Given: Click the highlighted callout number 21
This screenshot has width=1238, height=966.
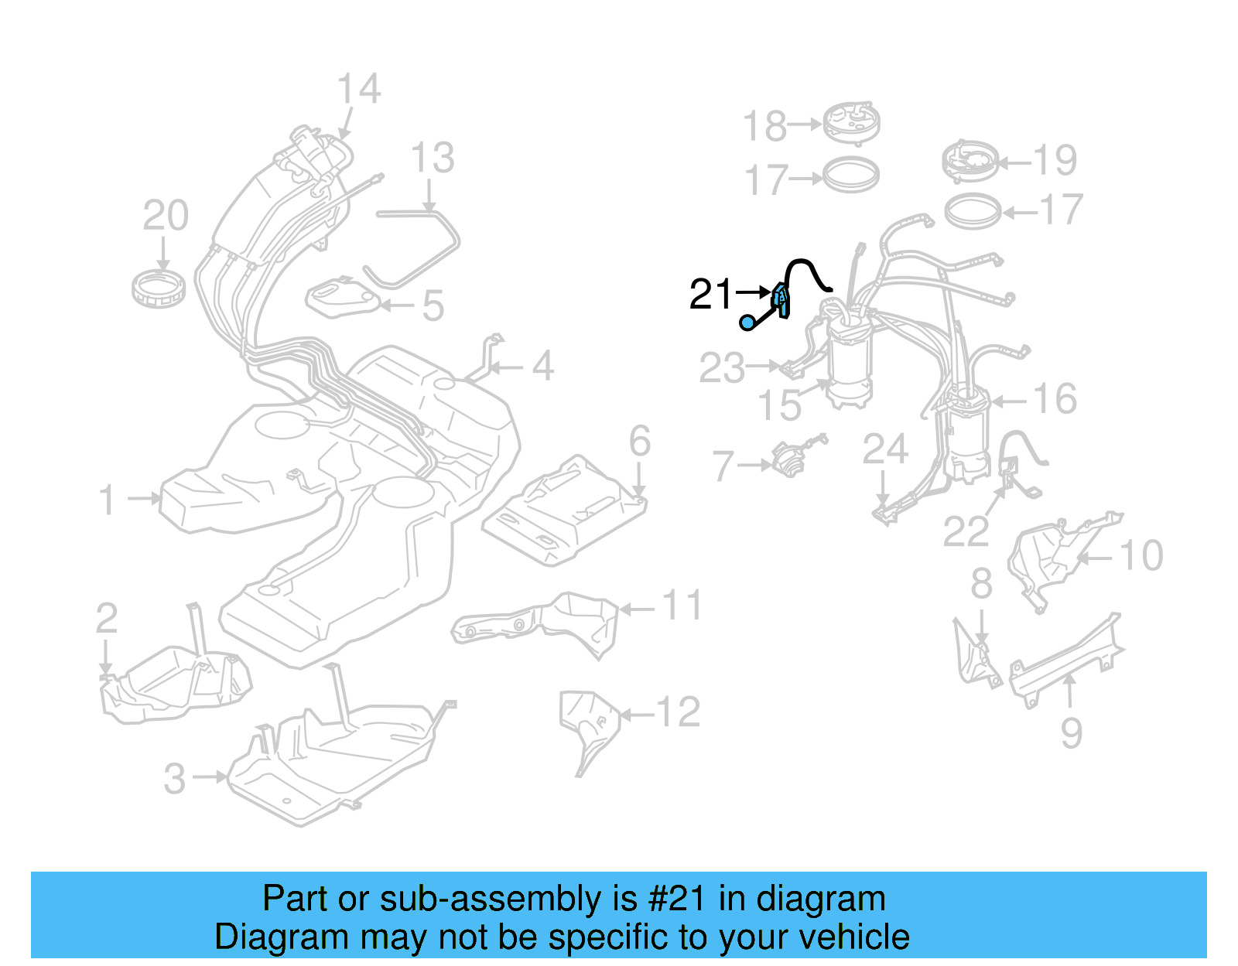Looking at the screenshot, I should coord(710,295).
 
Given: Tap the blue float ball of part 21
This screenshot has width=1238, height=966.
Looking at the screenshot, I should coord(747,323).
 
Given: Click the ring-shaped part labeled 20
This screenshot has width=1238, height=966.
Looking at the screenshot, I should coord(158,287).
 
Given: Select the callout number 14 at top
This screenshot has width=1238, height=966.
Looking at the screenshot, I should coord(359,89).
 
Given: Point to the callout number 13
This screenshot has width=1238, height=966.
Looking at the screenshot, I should coord(432,159).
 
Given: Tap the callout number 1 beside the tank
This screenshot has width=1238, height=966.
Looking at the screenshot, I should coord(107,500).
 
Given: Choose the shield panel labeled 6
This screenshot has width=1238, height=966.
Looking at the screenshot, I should coord(565,510).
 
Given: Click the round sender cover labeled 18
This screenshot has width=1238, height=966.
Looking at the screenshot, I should coord(850,122).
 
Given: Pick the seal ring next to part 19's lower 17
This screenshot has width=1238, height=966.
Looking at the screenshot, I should coord(973,211).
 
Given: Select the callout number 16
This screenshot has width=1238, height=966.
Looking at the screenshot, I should coord(1055,399).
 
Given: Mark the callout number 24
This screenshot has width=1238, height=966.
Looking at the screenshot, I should coord(885,449).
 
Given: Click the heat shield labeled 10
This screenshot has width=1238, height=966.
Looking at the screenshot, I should coord(1045,561).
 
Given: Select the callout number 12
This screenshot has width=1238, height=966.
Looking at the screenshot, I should coord(678,712).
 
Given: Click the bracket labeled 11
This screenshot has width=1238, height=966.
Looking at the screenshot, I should coord(542,623).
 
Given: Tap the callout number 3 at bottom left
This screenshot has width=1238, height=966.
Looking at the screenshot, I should coord(175,778).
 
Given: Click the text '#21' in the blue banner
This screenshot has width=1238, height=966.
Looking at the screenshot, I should coord(676,899).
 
